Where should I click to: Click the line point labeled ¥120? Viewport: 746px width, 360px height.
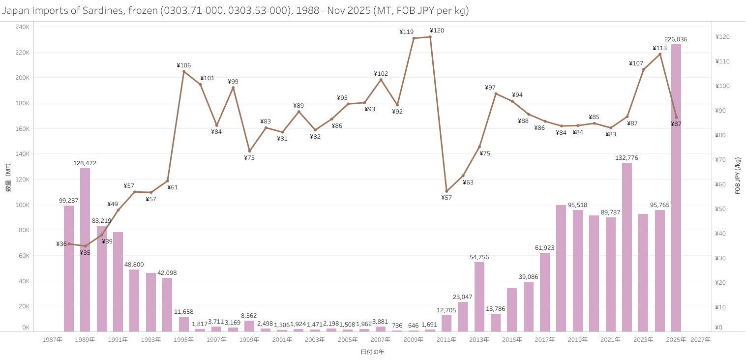pos(430,37)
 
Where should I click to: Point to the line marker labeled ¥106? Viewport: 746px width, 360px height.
pos(184,71)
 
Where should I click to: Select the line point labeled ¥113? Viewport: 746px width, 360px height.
pos(660,54)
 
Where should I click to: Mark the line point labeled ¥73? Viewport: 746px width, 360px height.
pos(249,151)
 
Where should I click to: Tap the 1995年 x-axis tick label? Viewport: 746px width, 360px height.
pos(184,340)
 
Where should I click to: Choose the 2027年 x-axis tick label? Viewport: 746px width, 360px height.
pos(701,340)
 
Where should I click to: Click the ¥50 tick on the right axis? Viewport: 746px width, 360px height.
pos(722,209)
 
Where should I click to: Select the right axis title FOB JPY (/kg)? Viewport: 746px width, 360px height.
pos(738,176)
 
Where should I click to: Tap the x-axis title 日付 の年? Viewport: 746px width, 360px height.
pos(372,352)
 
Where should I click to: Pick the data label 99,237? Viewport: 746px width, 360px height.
pos(69,201)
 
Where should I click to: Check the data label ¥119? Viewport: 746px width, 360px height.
pos(406,32)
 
